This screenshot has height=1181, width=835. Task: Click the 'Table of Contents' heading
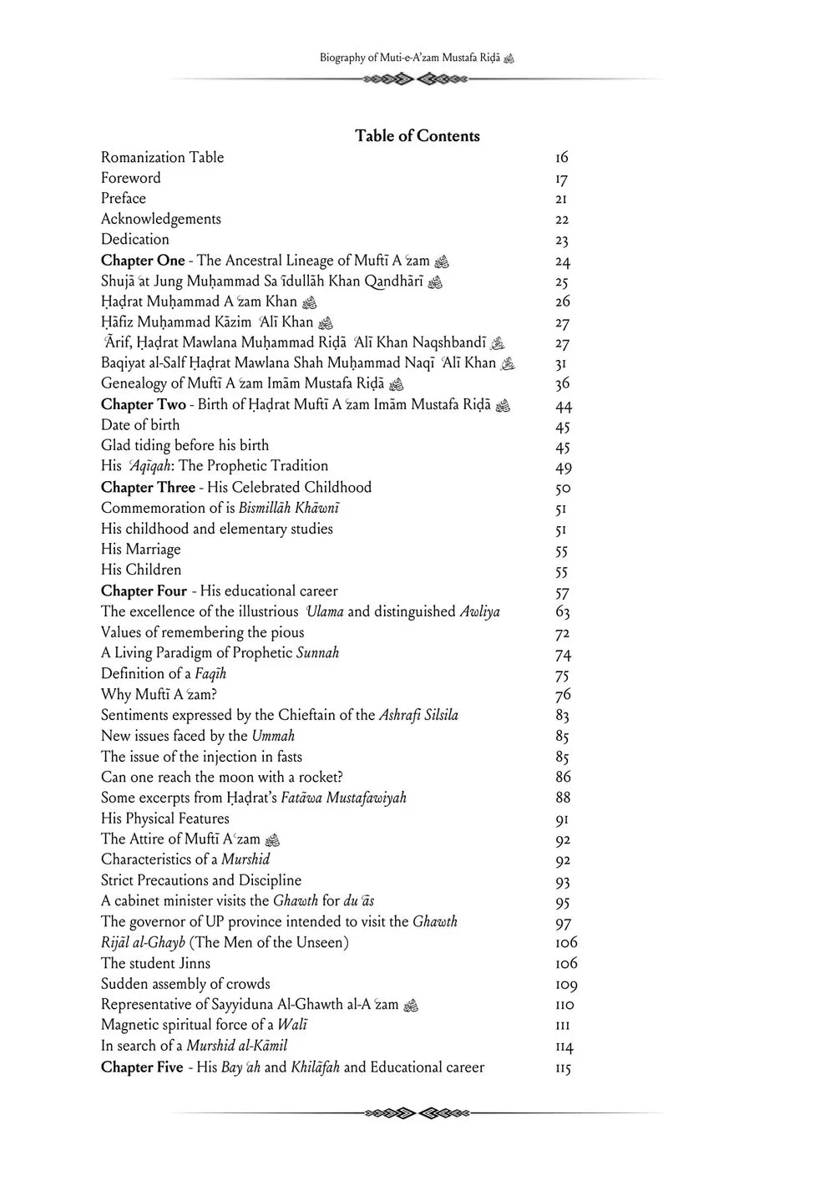tap(417, 136)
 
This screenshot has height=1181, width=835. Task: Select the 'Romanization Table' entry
tap(162, 157)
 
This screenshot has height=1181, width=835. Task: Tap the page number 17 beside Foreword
tap(561, 179)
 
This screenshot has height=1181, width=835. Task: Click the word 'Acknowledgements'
tap(161, 219)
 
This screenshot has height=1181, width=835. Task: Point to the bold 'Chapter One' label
tap(143, 261)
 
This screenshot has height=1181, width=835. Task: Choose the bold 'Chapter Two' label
tap(143, 405)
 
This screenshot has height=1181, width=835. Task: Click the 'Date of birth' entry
tap(140, 425)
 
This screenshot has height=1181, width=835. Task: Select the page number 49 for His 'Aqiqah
tap(563, 468)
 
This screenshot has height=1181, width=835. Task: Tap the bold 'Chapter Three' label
tap(148, 487)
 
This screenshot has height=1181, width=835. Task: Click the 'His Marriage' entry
tap(140, 549)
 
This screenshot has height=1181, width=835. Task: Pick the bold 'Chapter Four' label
tap(144, 590)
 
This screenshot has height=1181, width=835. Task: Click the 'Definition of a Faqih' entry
tap(164, 673)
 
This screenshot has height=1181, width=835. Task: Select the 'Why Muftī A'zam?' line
tap(159, 694)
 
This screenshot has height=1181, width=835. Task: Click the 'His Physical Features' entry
tap(164, 819)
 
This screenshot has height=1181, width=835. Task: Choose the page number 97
tap(563, 923)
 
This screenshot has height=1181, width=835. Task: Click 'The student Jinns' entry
tap(155, 963)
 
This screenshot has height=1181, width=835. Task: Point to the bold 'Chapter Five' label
tap(142, 1067)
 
